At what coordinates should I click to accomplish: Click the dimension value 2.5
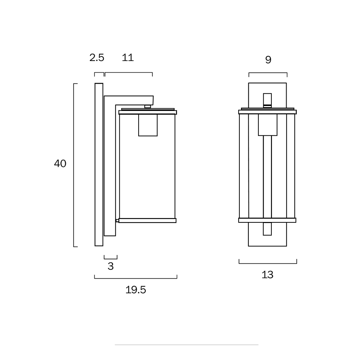pyautogui.click(x=97, y=57)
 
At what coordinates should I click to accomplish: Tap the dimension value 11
pyautogui.click(x=128, y=57)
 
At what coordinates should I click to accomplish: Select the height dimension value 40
pyautogui.click(x=60, y=163)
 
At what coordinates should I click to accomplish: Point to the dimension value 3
pyautogui.click(x=111, y=266)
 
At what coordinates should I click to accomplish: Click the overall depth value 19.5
pyautogui.click(x=136, y=290)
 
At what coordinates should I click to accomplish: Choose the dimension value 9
pyautogui.click(x=268, y=60)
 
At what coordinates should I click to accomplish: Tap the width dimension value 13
pyautogui.click(x=267, y=275)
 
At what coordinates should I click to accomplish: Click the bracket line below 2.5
pyautogui.click(x=99, y=73)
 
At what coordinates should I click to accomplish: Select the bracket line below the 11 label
pyautogui.click(x=129, y=73)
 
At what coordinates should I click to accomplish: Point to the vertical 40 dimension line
pyautogui.click(x=74, y=165)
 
